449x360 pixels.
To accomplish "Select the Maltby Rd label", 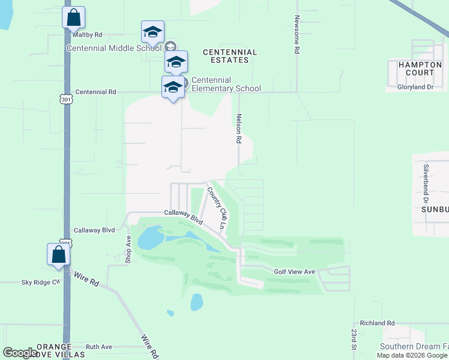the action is tap(87, 35).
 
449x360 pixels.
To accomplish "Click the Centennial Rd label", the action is tap(95, 92).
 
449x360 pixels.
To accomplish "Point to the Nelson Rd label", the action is tap(239, 128).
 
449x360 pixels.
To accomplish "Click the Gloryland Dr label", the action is tap(415, 87).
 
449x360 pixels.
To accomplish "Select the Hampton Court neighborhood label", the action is tap(411, 68).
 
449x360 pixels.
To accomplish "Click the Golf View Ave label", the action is tap(294, 272).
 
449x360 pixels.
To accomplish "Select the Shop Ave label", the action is tap(128, 249).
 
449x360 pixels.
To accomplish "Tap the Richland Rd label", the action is tap(377, 323).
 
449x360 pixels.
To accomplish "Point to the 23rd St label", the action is tap(354, 338).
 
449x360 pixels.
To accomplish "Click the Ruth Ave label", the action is tap(99, 347).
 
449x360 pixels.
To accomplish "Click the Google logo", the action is tap(20, 353).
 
